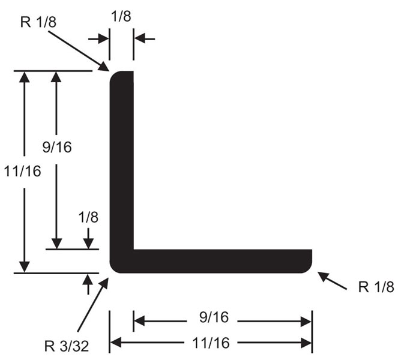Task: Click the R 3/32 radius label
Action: (x=67, y=346)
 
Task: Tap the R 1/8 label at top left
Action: (x=38, y=22)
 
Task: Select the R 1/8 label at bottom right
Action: (x=376, y=287)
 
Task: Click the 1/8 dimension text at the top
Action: (x=121, y=16)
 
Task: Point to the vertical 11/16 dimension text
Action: (x=23, y=171)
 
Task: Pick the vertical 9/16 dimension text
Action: (x=57, y=147)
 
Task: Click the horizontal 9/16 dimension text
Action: (x=214, y=317)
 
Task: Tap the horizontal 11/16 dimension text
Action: (x=211, y=343)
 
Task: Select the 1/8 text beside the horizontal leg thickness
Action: (x=88, y=217)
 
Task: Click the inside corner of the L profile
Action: (x=133, y=250)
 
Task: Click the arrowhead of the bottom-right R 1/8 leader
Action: (x=323, y=275)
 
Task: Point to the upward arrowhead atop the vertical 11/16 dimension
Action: (x=25, y=77)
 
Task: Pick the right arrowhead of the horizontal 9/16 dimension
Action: (x=306, y=322)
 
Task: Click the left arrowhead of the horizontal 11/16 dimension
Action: (x=115, y=343)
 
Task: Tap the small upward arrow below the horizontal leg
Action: (x=88, y=284)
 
